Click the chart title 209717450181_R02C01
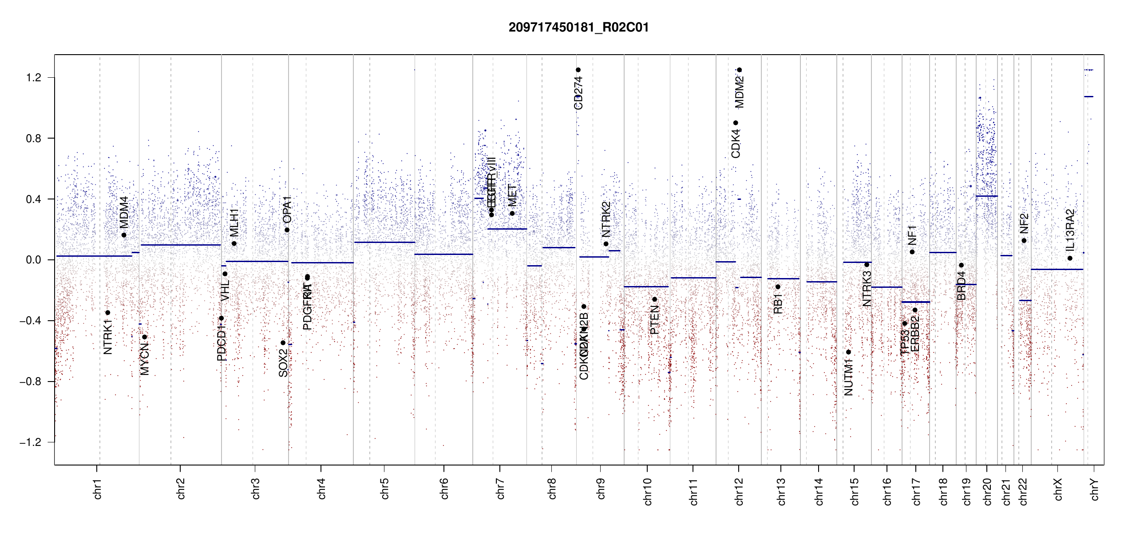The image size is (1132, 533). pos(578,28)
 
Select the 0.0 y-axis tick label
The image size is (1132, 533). pos(34,260)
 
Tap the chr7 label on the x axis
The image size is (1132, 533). pos(500,489)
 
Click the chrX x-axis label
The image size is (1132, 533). pos(1058,489)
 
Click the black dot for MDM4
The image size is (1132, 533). pos(124,235)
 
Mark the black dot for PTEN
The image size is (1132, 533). pos(654,299)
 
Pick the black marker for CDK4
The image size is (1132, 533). pos(736,123)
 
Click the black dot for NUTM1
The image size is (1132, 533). pos(848,352)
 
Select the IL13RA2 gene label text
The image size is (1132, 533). pos(1070,230)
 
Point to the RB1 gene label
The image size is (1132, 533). pos(778,304)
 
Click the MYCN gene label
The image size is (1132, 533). pos(144,359)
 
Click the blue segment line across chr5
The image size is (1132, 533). pos(384,242)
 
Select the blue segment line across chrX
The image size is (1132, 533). pos(1057,269)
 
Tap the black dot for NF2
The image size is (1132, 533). pos(1024,241)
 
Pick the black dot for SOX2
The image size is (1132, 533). pos(283,343)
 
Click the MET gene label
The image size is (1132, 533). pos(512,195)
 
